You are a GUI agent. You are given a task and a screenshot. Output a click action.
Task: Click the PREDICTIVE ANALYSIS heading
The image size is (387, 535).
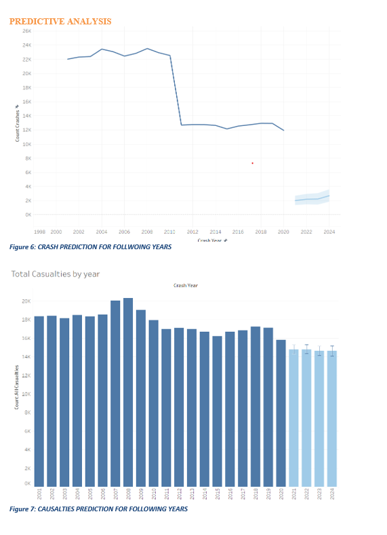(x=60, y=22)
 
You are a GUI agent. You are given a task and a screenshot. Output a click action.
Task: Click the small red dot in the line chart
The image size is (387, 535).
(x=252, y=163)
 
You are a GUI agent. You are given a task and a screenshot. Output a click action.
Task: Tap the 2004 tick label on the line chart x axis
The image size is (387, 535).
(x=102, y=232)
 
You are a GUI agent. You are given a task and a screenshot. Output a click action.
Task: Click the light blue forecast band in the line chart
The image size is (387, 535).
(x=312, y=198)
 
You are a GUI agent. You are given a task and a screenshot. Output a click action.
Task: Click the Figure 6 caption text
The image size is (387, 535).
(x=90, y=247)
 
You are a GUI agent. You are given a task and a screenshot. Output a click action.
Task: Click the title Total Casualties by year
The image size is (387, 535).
(x=55, y=274)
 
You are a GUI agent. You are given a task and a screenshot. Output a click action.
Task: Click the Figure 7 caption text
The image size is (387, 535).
(x=98, y=509)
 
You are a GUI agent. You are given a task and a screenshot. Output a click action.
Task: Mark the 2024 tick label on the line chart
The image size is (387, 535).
(x=329, y=232)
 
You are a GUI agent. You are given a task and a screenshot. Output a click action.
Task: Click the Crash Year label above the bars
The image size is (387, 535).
(x=186, y=286)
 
